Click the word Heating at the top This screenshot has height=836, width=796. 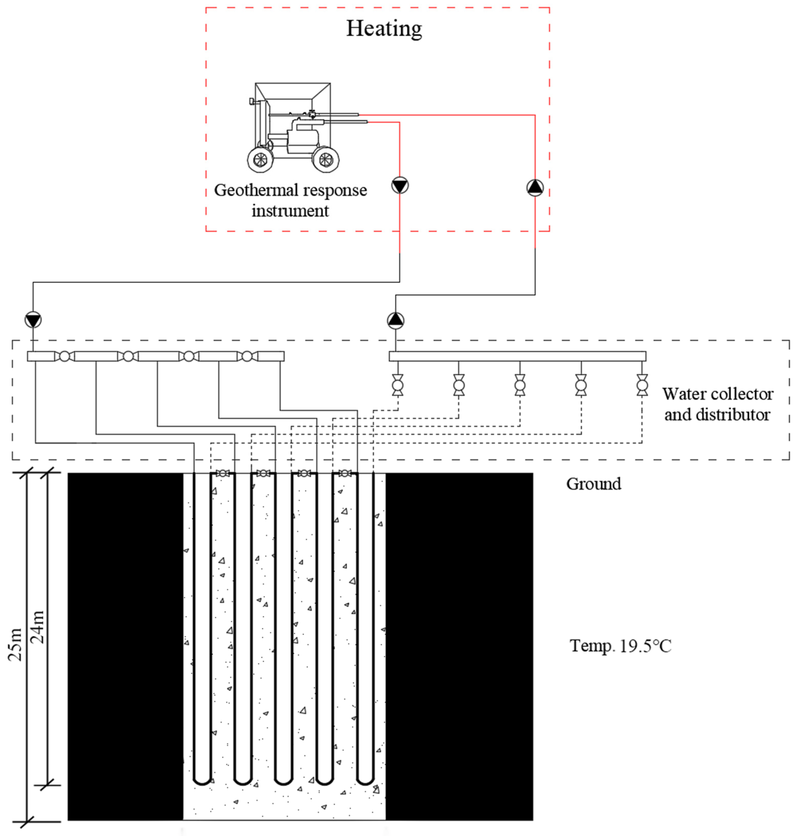click(x=384, y=29)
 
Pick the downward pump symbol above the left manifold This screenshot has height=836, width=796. click(x=33, y=319)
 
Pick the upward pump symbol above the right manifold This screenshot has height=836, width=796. click(x=395, y=320)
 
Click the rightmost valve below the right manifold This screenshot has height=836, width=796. click(x=642, y=385)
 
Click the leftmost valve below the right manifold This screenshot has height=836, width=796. click(x=397, y=385)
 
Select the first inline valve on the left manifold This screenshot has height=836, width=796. click(x=64, y=356)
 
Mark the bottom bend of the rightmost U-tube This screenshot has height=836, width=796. click(x=365, y=781)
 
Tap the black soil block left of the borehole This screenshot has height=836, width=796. click(x=125, y=645)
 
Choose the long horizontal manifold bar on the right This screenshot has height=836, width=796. click(x=518, y=356)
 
